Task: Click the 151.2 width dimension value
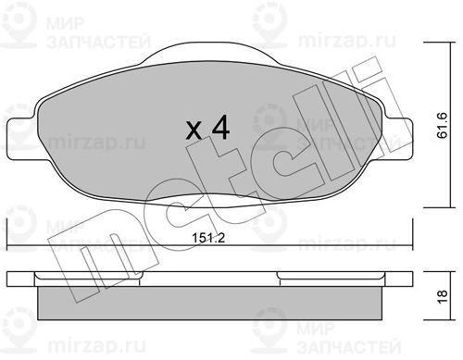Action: coord(208,238)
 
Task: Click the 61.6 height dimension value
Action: coord(442,125)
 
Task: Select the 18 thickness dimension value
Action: coord(442,297)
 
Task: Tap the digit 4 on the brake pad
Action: coord(220,127)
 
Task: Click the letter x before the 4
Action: coord(194,130)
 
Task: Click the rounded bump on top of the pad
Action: coord(210,53)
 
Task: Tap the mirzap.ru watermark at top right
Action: coord(347,41)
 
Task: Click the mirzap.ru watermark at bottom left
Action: coord(97,347)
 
